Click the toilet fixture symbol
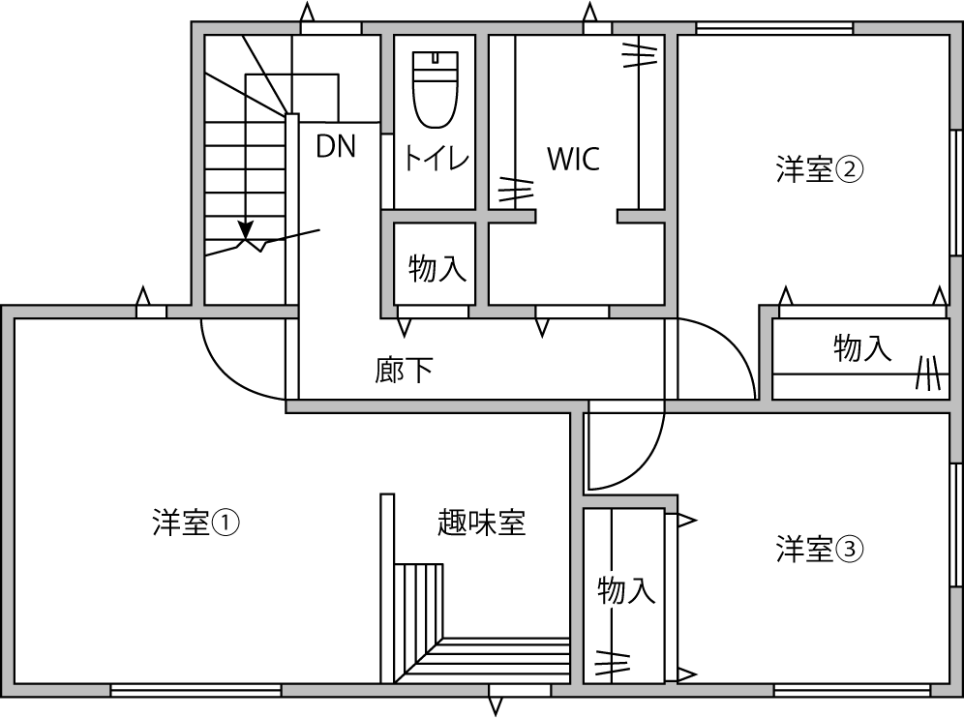tap(435, 89)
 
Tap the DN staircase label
tap(336, 146)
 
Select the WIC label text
tap(573, 159)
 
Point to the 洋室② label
tap(819, 170)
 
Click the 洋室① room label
tap(196, 524)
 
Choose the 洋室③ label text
tap(819, 550)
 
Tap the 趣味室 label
tap(481, 523)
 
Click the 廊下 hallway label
tap(404, 370)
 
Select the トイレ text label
tap(437, 158)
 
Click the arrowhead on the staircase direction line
tap(246, 231)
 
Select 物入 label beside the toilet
tap(437, 268)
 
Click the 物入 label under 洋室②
tap(861, 348)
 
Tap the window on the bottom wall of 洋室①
tap(196, 690)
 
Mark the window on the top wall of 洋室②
tap(774, 28)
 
